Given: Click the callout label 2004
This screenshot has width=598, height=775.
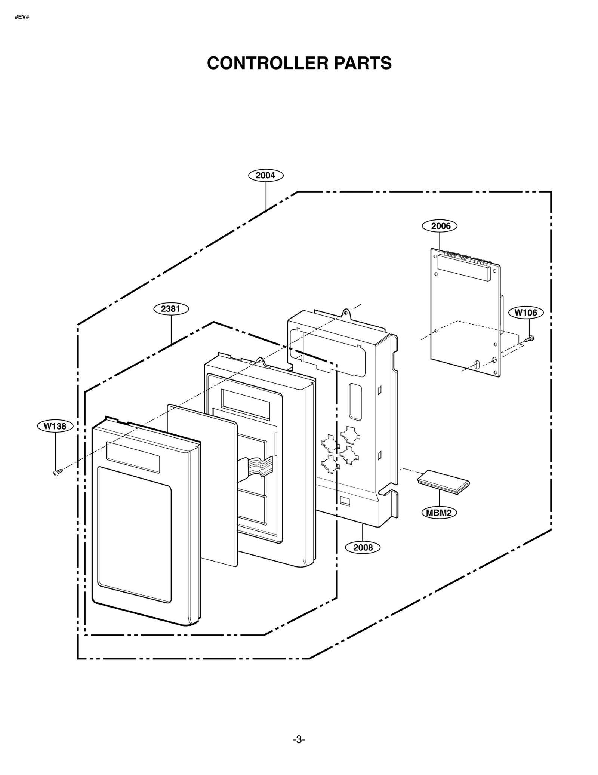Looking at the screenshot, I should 266,175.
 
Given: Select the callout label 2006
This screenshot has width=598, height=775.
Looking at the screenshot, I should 439,226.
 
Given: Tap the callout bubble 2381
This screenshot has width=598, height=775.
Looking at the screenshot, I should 171,309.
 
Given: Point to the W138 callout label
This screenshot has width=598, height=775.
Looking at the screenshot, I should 55,426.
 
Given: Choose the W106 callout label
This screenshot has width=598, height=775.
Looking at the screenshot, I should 525,312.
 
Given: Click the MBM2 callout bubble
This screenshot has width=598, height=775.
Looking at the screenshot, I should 439,513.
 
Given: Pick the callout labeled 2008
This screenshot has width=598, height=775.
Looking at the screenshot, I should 363,548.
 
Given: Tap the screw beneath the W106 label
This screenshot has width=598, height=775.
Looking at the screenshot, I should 529,339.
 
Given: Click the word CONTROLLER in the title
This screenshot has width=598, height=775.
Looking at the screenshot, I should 267,63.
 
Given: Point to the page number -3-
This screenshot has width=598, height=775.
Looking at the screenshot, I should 299,739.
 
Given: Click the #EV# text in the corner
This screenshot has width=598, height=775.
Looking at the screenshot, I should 22,17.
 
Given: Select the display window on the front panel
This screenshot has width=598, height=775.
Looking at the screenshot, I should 133,457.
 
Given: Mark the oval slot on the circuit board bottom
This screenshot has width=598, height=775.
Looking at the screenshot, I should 477,365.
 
